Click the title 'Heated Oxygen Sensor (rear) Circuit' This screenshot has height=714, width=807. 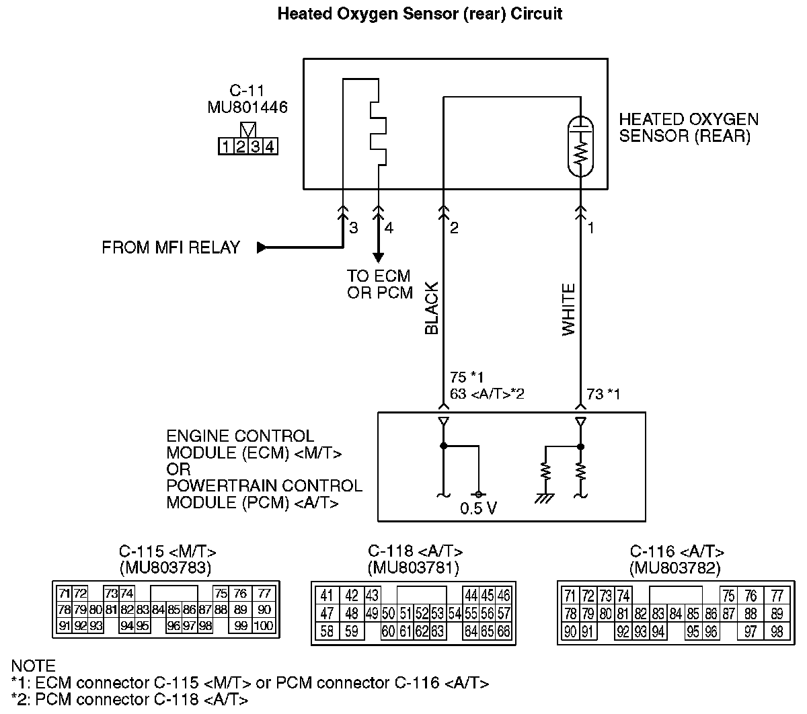click(x=420, y=14)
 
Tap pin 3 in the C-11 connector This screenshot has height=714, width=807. click(x=256, y=147)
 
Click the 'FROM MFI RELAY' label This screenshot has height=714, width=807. click(x=171, y=248)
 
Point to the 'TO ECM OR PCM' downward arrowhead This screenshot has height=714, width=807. click(x=378, y=257)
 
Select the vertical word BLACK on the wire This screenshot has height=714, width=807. click(x=432, y=309)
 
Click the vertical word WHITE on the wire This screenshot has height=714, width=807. click(x=569, y=310)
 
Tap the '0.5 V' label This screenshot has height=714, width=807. click(x=478, y=508)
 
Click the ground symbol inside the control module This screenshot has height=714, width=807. click(x=545, y=498)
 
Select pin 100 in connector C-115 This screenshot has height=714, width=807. click(x=264, y=626)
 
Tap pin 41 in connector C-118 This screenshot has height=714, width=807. click(x=327, y=595)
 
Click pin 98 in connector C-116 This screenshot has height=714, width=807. click(x=777, y=632)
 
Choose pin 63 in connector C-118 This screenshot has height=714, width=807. click(x=438, y=632)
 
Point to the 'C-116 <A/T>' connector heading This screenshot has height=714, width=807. click(x=677, y=552)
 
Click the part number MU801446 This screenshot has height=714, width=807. click(x=247, y=106)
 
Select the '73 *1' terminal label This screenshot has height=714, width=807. click(x=603, y=395)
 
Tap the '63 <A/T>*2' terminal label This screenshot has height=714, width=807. click(x=487, y=394)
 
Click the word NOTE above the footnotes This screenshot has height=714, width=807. click(x=33, y=666)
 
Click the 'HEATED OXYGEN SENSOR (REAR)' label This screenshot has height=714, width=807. click(x=689, y=128)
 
